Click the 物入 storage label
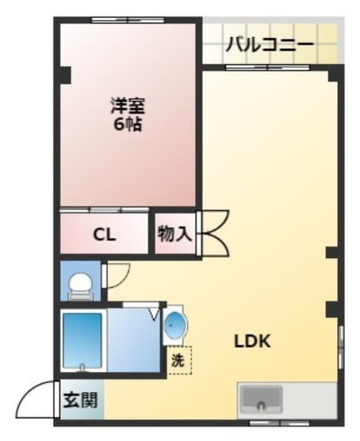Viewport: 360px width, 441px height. [x=174, y=234]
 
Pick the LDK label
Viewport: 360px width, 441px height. [x=253, y=341]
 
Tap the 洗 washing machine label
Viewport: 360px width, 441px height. [x=178, y=360]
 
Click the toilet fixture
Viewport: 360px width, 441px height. [x=80, y=285]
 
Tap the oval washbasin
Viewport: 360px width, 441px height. [x=174, y=325]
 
